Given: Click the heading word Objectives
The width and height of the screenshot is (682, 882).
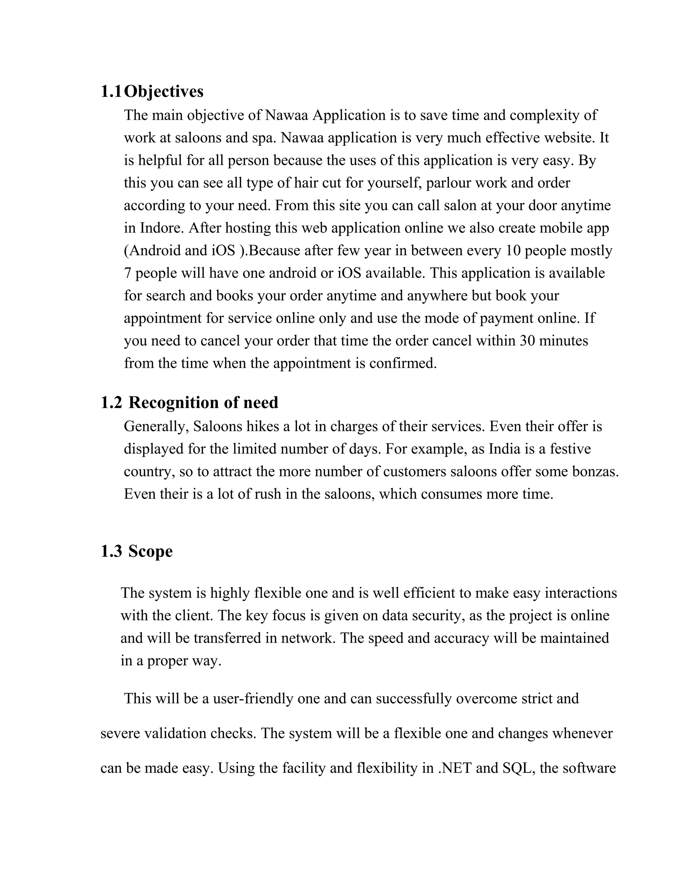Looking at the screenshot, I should pos(164,92).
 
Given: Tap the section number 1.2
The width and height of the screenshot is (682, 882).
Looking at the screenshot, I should pos(111,403).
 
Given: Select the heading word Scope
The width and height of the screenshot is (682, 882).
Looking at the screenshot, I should pos(150,551).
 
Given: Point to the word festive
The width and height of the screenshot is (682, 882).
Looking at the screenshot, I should pos(570,449).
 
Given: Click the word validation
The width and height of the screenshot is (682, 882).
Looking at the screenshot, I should pos(175,733).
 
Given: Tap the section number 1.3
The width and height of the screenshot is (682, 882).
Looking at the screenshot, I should pos(111,551).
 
